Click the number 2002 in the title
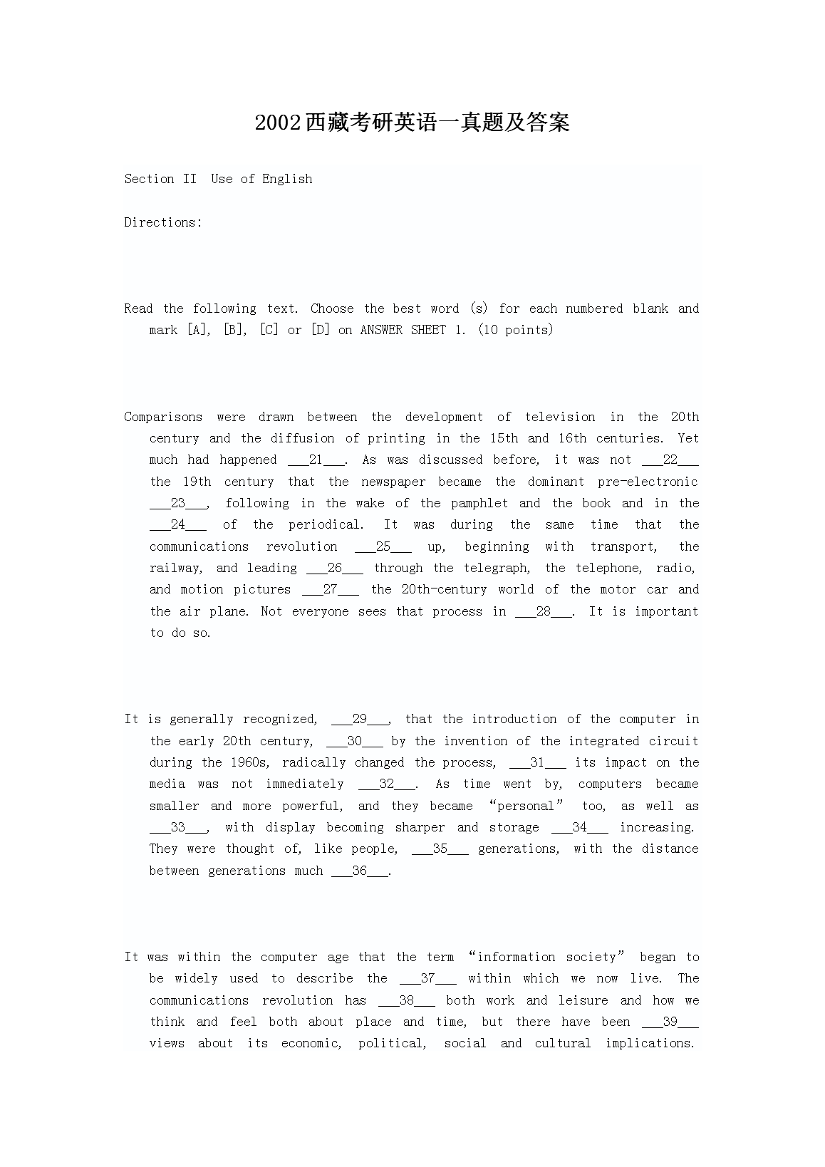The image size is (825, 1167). (279, 123)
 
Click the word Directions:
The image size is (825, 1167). (163, 222)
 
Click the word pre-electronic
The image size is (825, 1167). (648, 482)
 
